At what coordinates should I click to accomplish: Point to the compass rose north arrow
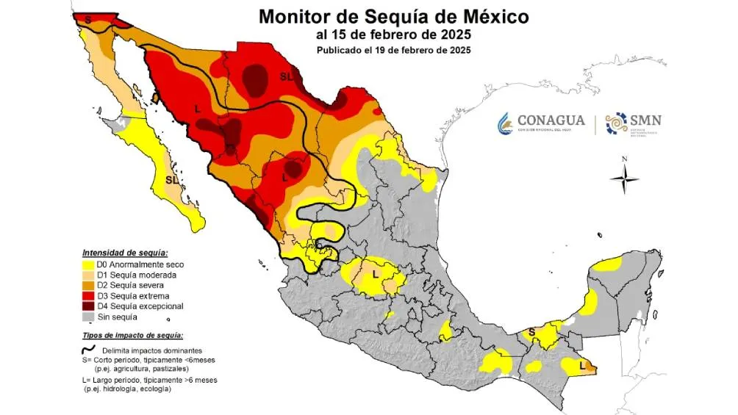(624, 176)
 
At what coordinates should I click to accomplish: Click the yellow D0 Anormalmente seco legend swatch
(87, 264)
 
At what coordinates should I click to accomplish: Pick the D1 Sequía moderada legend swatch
(87, 275)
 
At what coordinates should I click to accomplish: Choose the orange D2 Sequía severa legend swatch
(87, 285)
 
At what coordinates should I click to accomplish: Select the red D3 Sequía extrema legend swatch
(87, 296)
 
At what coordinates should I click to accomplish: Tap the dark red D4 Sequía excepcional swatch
(87, 306)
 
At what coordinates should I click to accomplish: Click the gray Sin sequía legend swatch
(87, 317)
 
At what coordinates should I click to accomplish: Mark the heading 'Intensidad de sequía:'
(125, 252)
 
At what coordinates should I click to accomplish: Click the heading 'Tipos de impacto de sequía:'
(132, 334)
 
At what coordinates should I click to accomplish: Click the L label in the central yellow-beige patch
(375, 274)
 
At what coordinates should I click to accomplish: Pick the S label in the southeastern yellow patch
(532, 333)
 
